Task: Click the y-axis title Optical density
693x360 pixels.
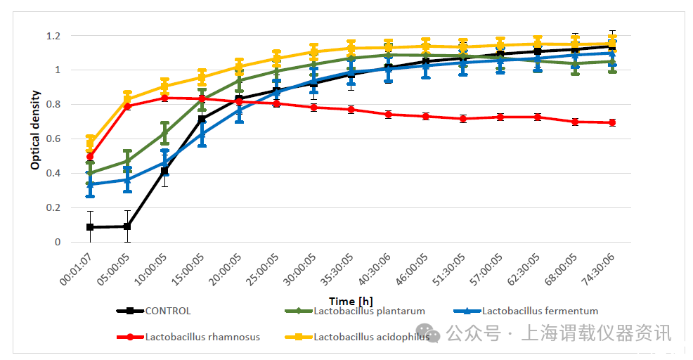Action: [x=35, y=131]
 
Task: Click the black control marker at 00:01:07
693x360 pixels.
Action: [x=90, y=227]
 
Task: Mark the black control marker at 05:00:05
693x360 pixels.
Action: [x=127, y=226]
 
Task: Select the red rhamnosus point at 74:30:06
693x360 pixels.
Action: [x=612, y=122]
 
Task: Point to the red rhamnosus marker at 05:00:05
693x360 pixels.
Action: [x=127, y=106]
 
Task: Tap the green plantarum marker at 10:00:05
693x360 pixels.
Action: [x=164, y=133]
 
